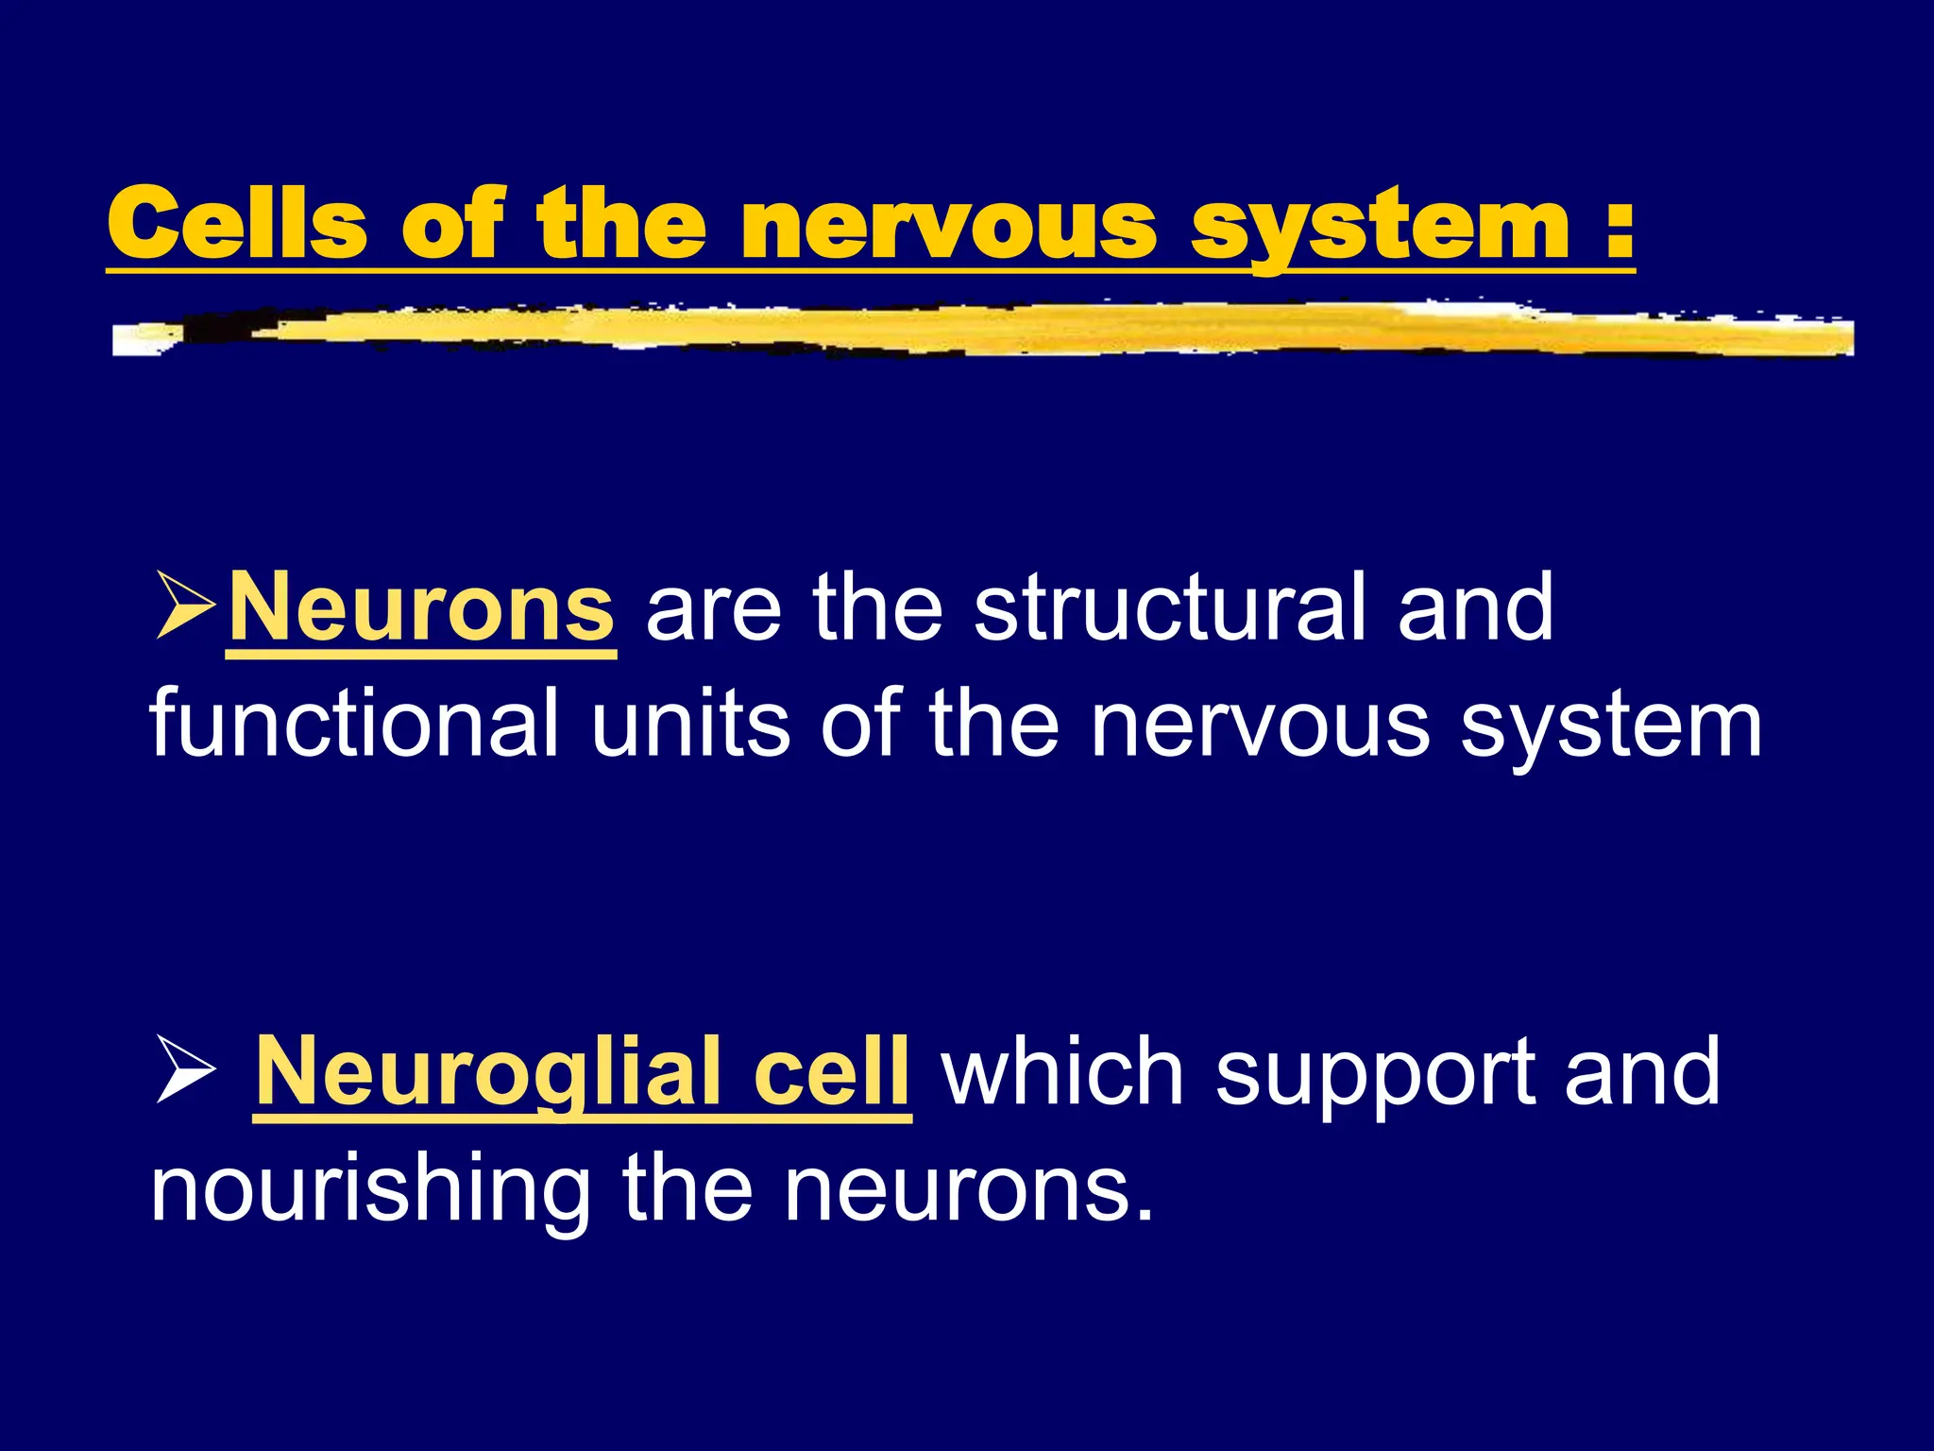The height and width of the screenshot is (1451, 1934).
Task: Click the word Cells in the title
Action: click(x=237, y=223)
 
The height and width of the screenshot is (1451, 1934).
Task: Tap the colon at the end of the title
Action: click(x=1619, y=227)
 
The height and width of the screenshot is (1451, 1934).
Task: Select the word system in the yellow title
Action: click(x=1380, y=227)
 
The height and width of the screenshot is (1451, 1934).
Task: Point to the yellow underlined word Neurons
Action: click(x=421, y=608)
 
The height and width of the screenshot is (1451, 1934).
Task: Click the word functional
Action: click(x=355, y=723)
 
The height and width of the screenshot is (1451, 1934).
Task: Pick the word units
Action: click(x=690, y=723)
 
